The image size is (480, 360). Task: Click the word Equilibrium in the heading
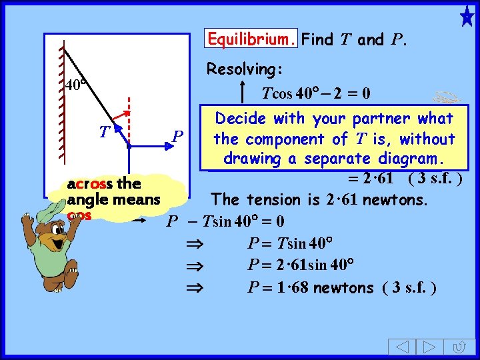(x=251, y=39)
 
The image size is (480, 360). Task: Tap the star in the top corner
(x=467, y=16)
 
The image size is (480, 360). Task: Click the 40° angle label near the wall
(x=76, y=85)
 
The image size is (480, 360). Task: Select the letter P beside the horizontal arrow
(x=177, y=137)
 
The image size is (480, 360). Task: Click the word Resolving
(x=245, y=69)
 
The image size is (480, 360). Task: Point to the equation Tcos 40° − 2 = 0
(x=317, y=93)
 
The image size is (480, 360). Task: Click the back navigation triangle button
(x=399, y=347)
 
